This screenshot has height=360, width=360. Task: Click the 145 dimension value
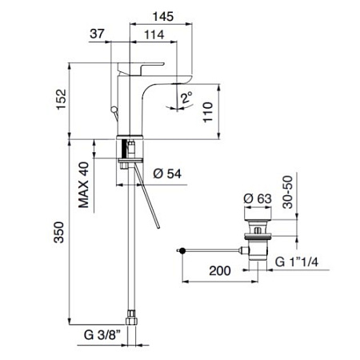[x=162, y=17]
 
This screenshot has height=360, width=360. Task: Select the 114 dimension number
[x=154, y=34]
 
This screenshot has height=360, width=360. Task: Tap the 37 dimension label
[x=97, y=34]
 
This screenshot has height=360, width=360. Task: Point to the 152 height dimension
[x=62, y=99]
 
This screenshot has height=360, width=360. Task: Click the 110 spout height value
[x=208, y=112]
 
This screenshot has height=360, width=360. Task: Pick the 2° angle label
[x=186, y=98]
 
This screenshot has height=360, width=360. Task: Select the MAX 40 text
[x=83, y=185]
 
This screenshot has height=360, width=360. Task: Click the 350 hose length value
[x=59, y=232]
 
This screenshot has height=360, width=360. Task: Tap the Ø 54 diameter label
[x=167, y=174]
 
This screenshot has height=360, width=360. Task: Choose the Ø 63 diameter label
[x=258, y=198]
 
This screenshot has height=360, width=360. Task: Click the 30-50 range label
[x=288, y=192]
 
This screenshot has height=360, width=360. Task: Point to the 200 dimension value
[x=220, y=271]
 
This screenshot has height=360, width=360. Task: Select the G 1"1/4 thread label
[x=297, y=262]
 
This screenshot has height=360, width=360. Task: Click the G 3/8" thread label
[x=102, y=335]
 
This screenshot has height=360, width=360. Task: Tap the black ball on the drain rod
[x=182, y=250]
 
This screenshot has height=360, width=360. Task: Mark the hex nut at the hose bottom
[x=131, y=318]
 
